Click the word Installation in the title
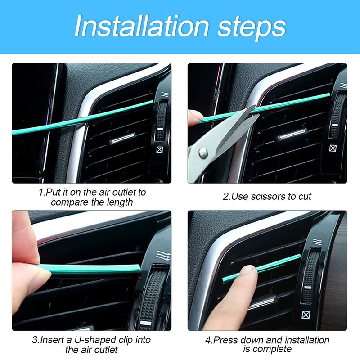(x=142, y=26)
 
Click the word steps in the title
(x=252, y=28)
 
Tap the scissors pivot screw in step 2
(x=203, y=153)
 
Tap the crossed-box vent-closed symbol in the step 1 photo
(x=160, y=150)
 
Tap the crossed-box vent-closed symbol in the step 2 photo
(x=333, y=148)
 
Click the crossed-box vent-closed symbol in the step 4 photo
(x=306, y=315)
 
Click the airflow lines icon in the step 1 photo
(x=165, y=94)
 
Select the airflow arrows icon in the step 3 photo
(x=163, y=256)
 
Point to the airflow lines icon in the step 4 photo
(x=317, y=242)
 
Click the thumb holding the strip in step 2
(x=195, y=118)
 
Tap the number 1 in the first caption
(x=41, y=193)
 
